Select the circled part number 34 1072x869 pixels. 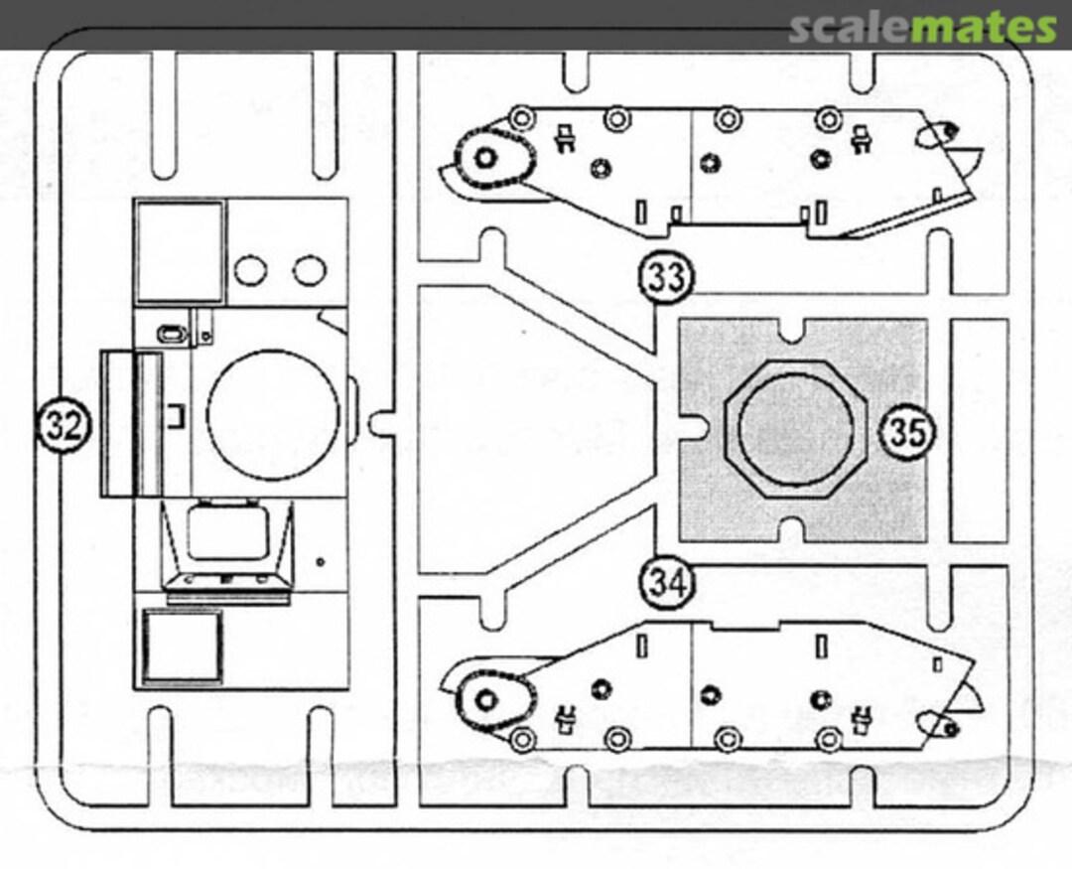(x=666, y=582)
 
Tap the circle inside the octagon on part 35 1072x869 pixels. (x=796, y=429)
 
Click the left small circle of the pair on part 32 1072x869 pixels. (x=250, y=268)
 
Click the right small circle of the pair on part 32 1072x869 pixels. (x=310, y=268)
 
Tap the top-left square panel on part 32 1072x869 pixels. (x=180, y=250)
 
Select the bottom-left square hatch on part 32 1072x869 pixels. (x=182, y=646)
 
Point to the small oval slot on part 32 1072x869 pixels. (x=172, y=333)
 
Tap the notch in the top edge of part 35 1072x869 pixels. (x=791, y=327)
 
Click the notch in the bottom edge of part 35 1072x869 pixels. (x=791, y=536)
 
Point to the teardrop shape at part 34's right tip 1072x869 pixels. (x=936, y=727)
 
